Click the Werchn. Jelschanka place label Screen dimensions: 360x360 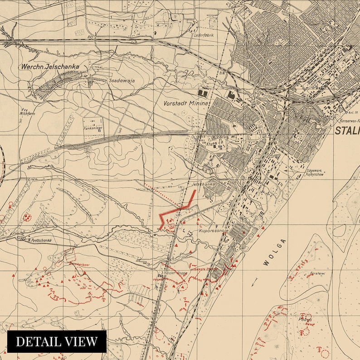(49, 67)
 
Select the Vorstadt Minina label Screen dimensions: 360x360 (186, 103)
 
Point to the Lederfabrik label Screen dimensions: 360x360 (204, 35)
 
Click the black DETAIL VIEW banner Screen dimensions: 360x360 (57, 341)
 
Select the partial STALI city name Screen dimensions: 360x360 (347, 131)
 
